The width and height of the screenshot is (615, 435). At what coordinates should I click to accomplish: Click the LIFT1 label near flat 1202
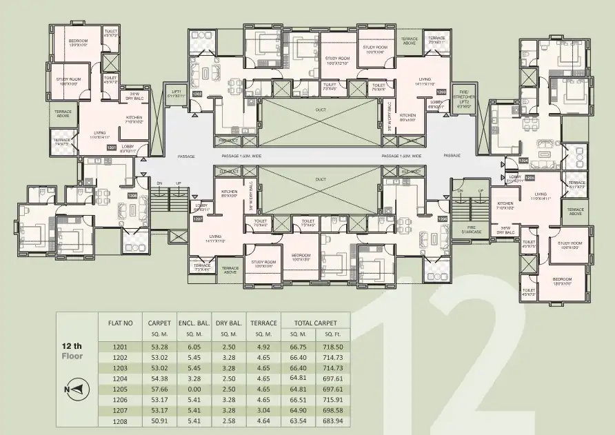(x=172, y=94)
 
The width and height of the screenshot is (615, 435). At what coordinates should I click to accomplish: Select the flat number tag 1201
(x=110, y=147)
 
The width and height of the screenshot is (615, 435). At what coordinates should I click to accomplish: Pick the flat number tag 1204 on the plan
(x=523, y=161)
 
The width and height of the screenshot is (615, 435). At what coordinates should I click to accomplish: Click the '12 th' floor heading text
(x=72, y=346)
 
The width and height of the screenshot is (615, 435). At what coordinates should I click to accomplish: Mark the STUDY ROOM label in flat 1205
(x=570, y=245)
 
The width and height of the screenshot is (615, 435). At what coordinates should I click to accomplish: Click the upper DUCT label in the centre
(x=321, y=110)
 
